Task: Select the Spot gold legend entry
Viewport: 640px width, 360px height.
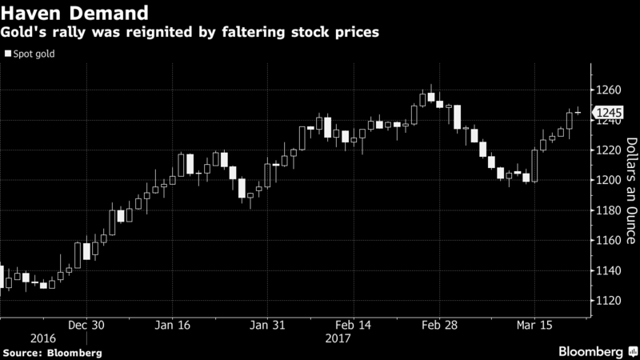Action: click(29, 54)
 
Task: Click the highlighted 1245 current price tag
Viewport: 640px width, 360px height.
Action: click(604, 114)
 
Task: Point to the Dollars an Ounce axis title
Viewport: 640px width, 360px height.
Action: click(630, 190)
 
